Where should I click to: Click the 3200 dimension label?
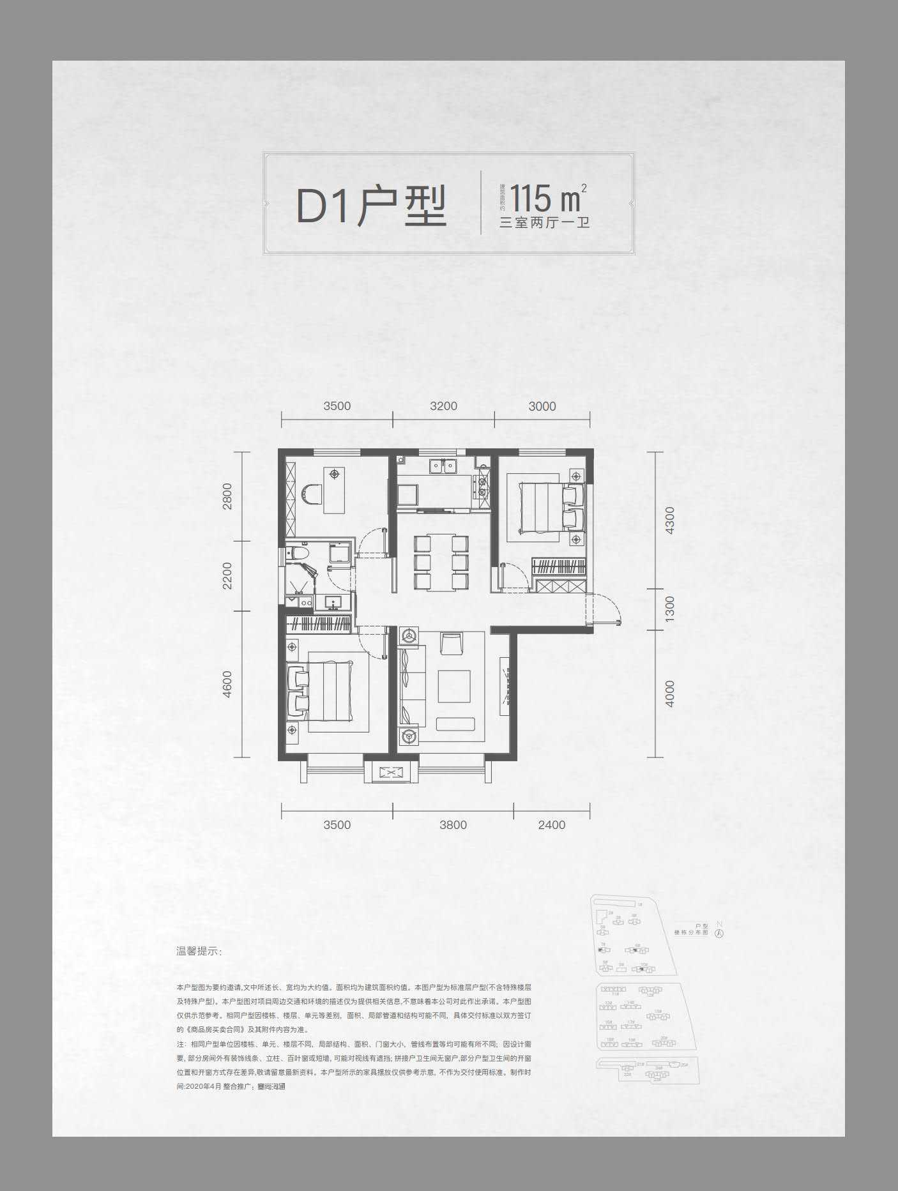(443, 406)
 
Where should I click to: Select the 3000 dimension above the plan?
(542, 406)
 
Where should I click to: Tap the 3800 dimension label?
(453, 824)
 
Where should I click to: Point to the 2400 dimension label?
(552, 824)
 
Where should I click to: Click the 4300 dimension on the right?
(669, 521)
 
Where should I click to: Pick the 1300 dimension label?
(669, 609)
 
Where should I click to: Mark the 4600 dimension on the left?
(228, 684)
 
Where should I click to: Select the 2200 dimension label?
(228, 575)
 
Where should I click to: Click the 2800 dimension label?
(228, 496)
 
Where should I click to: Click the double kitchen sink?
(443, 466)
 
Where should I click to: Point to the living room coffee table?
(454, 687)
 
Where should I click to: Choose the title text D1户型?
(371, 206)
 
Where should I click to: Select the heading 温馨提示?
(199, 952)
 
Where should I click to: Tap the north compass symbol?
(720, 932)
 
